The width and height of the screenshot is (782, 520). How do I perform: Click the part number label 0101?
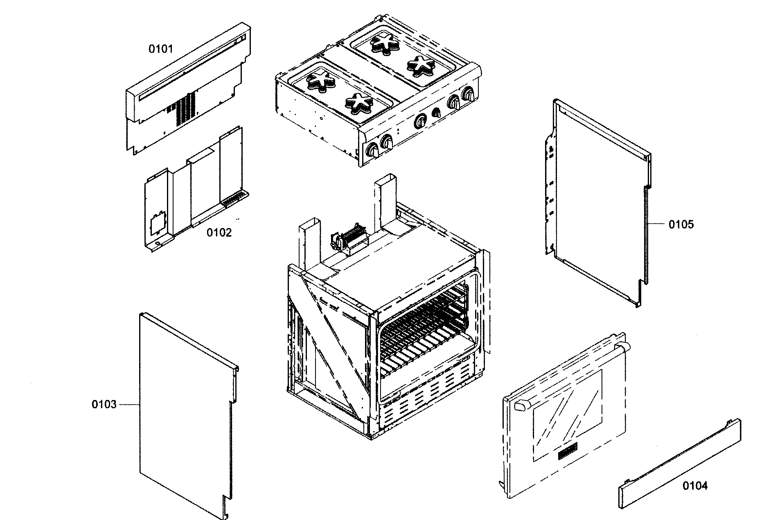coord(160,49)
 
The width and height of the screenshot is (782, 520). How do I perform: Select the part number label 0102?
coord(219,233)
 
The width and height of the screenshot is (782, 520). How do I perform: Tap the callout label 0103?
coord(104,405)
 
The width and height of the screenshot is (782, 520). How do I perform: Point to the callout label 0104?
coord(695,486)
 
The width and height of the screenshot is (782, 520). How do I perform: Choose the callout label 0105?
coord(681,224)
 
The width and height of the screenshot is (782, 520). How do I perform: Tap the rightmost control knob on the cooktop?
coord(469,94)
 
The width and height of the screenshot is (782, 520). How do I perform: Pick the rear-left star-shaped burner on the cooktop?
coord(320,80)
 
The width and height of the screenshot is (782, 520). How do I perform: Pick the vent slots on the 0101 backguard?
coord(186,109)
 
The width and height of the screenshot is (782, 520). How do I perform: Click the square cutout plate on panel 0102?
coord(158,223)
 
